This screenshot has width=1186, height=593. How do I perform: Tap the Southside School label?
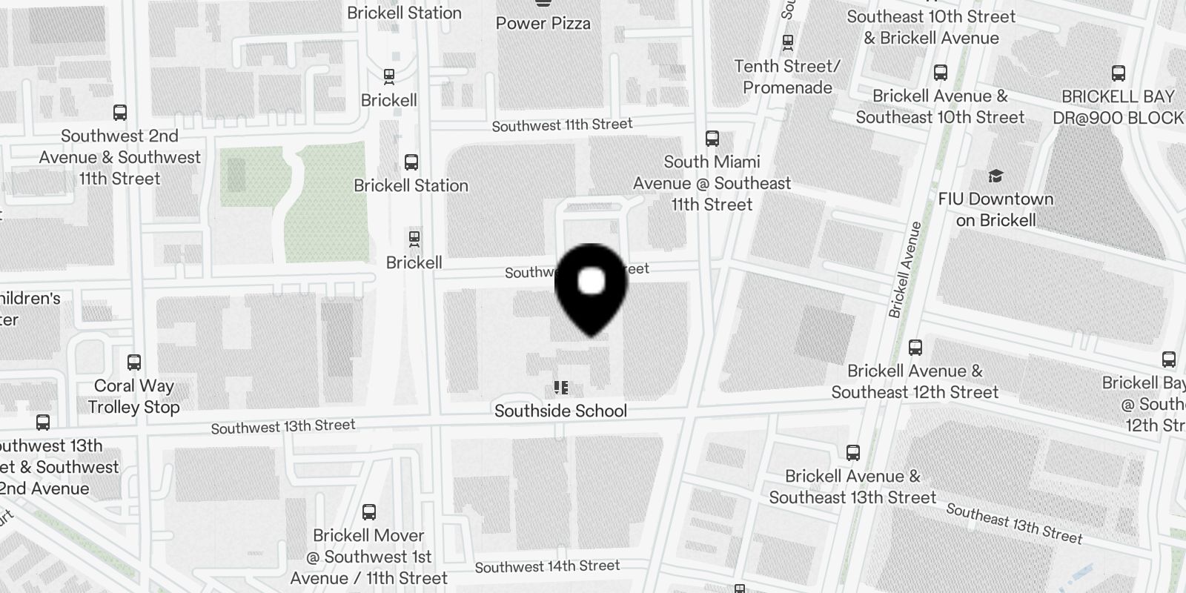click(x=560, y=411)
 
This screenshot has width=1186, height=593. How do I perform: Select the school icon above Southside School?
click(x=561, y=388)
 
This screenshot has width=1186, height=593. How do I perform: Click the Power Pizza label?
click(x=543, y=23)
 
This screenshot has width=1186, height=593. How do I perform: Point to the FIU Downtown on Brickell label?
click(x=995, y=210)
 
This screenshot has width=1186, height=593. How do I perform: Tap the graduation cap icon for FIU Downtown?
click(x=995, y=176)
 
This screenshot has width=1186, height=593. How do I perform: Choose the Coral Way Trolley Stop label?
click(x=134, y=397)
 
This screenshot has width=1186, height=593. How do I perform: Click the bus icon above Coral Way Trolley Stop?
click(x=134, y=362)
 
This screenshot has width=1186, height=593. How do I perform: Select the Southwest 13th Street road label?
click(x=283, y=426)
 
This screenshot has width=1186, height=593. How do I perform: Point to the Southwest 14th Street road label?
click(x=547, y=567)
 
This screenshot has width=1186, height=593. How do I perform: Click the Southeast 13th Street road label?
click(x=1014, y=523)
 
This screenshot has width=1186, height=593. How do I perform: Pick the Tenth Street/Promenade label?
click(x=787, y=77)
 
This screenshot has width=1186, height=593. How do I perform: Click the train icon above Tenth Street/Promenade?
click(x=787, y=42)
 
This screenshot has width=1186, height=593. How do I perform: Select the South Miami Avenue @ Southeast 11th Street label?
click(x=712, y=183)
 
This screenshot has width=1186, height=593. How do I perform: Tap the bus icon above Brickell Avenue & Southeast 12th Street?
click(x=915, y=347)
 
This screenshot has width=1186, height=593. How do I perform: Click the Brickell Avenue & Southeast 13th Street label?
click(x=852, y=487)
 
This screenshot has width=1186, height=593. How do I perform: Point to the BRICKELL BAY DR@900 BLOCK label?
click(x=1118, y=107)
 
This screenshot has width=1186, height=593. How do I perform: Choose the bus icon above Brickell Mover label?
click(x=368, y=512)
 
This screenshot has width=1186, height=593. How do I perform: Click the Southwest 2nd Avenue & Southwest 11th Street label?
click(x=119, y=157)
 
